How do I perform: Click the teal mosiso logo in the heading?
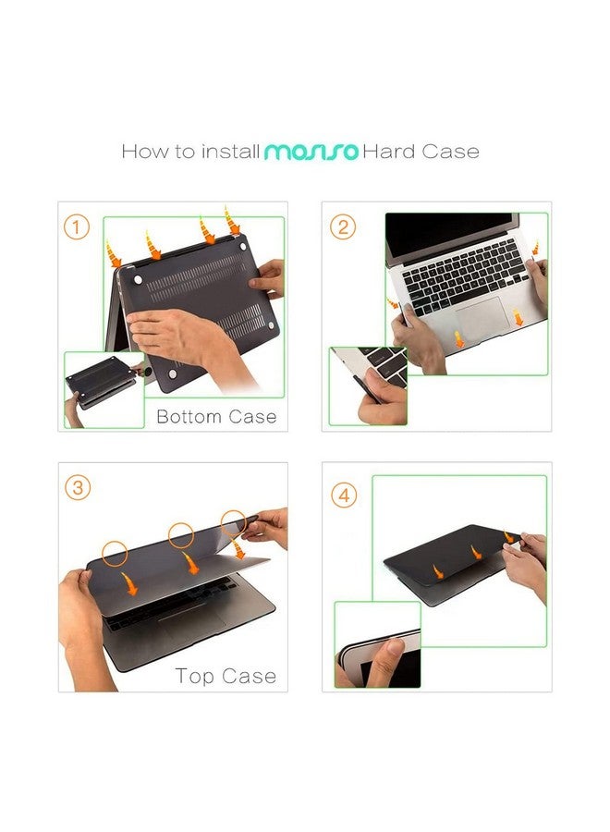coord(311,152)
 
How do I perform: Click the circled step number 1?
coord(77,227)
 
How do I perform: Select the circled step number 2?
coord(343,227)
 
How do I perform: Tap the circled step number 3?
coord(78,487)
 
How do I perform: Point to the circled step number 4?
coord(344,496)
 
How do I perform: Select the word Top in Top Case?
coord(194,677)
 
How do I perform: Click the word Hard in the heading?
coord(388,152)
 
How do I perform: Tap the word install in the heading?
coord(230,152)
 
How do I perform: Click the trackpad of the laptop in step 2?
coord(482,318)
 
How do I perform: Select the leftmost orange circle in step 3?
coord(115,554)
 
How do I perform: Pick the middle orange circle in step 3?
coord(181,535)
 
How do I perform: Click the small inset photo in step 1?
coord(104,390)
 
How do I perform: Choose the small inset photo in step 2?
coord(368,386)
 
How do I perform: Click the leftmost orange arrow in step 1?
coord(113,254)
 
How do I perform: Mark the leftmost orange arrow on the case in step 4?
coord(438,572)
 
